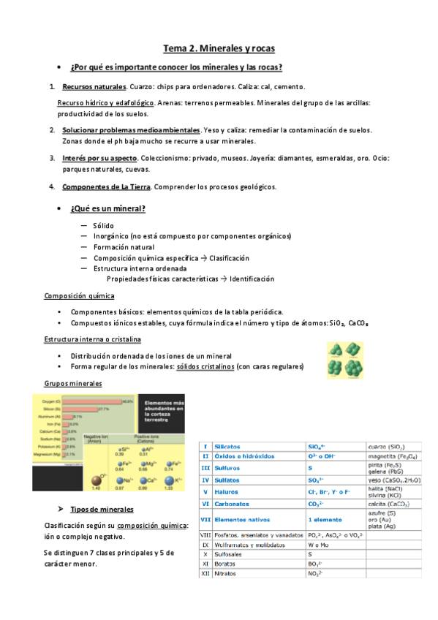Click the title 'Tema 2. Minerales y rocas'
(219, 49)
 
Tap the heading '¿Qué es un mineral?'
(108, 209)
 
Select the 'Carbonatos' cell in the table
(235, 504)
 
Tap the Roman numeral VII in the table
(205, 519)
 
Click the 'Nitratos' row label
(228, 574)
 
